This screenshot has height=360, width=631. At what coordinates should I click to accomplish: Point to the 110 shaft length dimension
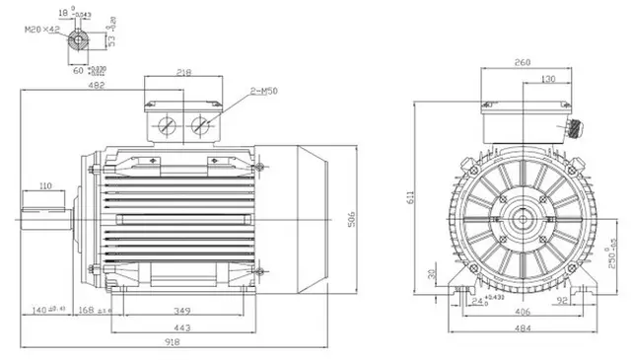[x=45, y=186]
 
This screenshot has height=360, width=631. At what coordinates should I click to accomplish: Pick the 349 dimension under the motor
[x=183, y=312]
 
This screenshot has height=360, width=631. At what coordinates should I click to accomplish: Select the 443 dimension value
[x=183, y=327]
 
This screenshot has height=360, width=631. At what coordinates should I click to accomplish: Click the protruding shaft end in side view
[x=43, y=209]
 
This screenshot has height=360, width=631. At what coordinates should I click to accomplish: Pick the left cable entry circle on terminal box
[x=167, y=125]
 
